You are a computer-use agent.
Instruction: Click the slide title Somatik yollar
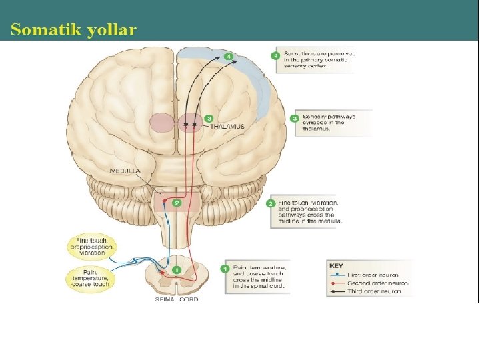pos(73,29)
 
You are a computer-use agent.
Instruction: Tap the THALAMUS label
pos(227,126)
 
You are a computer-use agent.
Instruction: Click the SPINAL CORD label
pos(176,299)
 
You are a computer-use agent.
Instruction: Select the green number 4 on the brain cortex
pos(229,57)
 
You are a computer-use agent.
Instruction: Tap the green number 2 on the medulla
pos(177,203)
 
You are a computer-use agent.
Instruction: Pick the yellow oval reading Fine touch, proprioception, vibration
pos(95,247)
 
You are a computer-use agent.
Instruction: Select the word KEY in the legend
pos(337,265)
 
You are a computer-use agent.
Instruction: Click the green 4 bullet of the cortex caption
pos(276,55)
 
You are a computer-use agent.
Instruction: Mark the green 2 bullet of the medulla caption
pos(271,203)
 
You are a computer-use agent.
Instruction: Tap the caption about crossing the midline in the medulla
pos(311,212)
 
